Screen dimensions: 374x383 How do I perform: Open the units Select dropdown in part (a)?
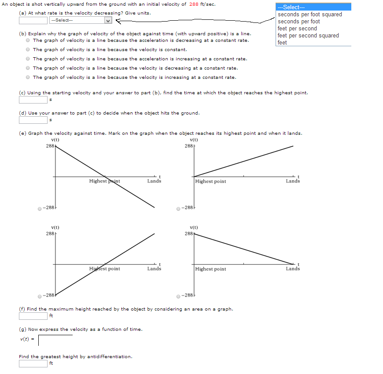pos(81,20)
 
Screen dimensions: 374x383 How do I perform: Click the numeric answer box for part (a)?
pos(33,20)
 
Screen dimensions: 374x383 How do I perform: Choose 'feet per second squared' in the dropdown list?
pos(308,36)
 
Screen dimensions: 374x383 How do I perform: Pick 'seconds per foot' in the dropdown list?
pos(298,22)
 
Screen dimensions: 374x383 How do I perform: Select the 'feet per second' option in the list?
pos(297,29)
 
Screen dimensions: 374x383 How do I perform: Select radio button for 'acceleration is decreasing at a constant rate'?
pos(28,41)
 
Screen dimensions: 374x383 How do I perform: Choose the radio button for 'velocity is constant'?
pos(28,50)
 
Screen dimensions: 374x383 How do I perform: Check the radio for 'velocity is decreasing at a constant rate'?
pos(28,68)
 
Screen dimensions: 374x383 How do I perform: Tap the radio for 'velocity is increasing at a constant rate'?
pos(28,78)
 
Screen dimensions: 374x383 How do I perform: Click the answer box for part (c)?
pos(33,100)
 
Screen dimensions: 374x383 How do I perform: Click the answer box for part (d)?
pos(33,120)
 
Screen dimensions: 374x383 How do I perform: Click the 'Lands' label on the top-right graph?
pos(293,181)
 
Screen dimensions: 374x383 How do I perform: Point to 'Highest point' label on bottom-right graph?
pos(210,269)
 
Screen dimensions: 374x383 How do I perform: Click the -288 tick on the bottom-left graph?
pos(48,295)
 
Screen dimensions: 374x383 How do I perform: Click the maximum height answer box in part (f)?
pos(33,315)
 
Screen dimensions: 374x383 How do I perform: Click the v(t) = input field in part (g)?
pos(55,340)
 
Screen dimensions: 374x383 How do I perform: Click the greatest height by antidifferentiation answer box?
pos(33,363)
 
